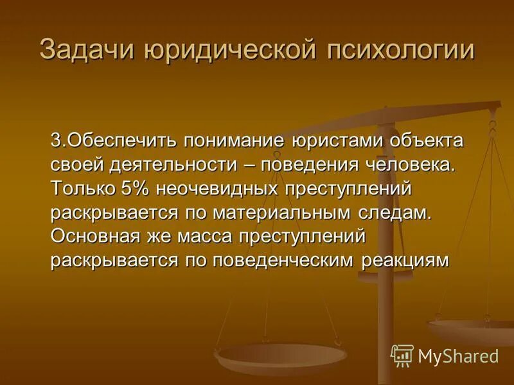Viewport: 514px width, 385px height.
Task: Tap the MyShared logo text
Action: (x=458, y=355)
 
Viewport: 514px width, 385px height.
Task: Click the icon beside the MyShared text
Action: (x=402, y=355)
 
